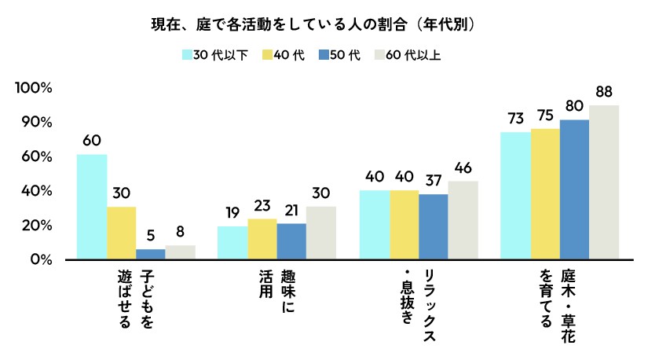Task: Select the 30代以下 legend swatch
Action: pos(187,55)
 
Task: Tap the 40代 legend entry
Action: pos(283,55)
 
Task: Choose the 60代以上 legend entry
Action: pos(411,55)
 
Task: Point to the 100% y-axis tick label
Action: pos(34,88)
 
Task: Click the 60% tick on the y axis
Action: pos(37,157)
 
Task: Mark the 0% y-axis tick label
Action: pos(40,259)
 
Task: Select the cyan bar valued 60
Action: pos(92,206)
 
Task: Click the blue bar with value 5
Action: pos(150,254)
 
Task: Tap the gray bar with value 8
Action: pos(180,252)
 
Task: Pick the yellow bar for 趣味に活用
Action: pos(262,238)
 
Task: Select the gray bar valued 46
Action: pos(463,219)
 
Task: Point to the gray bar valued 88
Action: pos(604,182)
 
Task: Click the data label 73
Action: pos(515,119)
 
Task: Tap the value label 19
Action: pos(232,213)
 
